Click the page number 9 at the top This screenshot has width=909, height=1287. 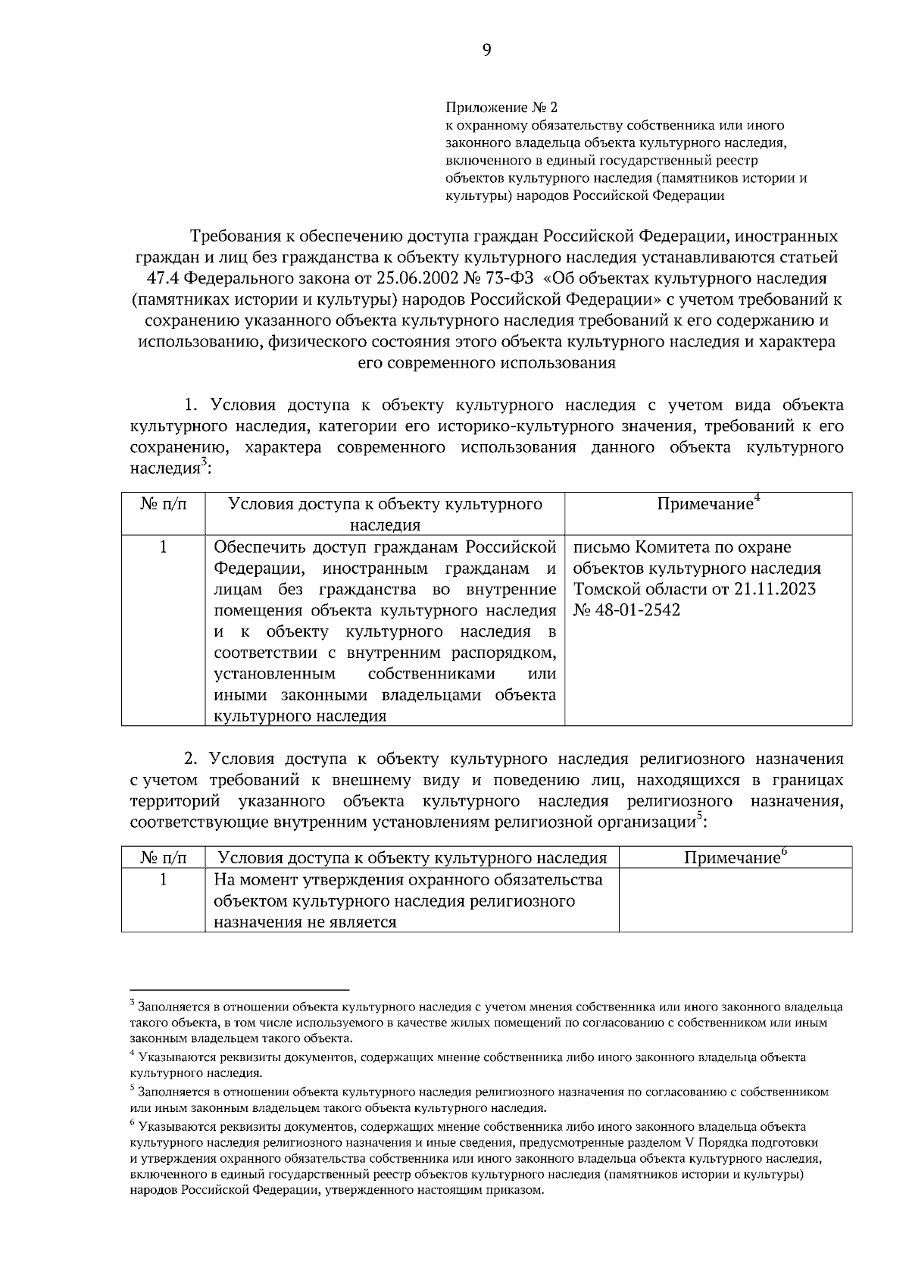pos(486,50)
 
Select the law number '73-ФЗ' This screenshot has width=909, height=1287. pos(507,278)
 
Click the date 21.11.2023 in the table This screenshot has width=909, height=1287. pos(775,589)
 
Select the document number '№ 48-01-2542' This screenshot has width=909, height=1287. pos(627,610)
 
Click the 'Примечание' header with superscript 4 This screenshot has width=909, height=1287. pos(708,504)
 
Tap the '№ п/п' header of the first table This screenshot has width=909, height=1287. pos(163,504)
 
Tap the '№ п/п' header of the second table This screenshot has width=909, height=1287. pos(163,857)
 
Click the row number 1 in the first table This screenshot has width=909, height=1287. pos(163,547)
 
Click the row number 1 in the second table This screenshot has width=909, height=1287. pos(163,879)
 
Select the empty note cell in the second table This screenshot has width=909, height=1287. pos(735,900)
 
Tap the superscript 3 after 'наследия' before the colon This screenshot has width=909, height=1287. pos(203,465)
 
